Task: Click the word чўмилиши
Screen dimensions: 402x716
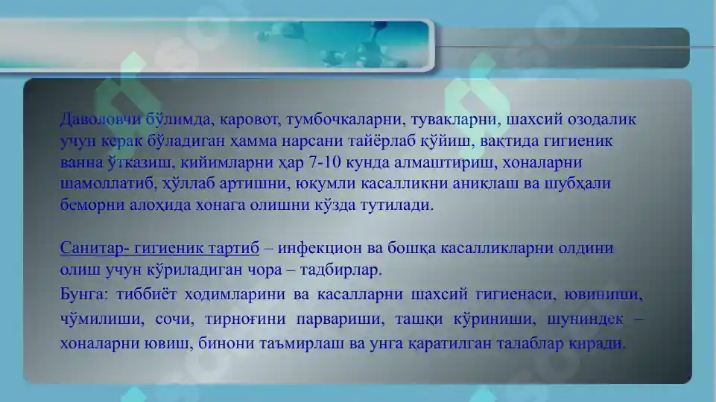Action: point(91,319)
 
